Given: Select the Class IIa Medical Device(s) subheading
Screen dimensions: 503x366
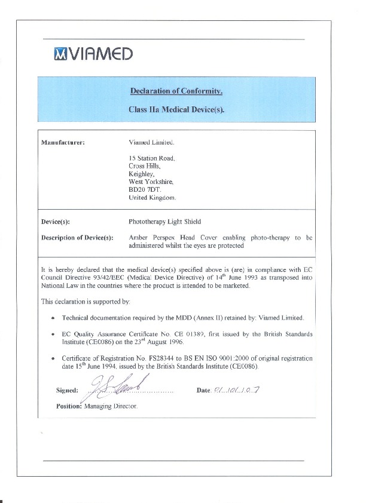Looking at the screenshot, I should tap(176, 110).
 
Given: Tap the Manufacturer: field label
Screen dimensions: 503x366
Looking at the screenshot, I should tap(62, 142).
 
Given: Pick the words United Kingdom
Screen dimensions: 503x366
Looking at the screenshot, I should tap(152, 197).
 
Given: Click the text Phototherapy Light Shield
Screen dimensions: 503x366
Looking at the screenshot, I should tap(164, 222).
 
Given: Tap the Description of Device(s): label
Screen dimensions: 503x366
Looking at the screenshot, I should tap(77, 238).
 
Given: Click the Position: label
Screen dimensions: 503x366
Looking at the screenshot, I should tap(68, 406).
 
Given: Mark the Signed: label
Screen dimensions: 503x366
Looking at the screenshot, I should tap(67, 391).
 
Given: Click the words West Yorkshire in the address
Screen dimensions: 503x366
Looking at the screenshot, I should tap(151, 181).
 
